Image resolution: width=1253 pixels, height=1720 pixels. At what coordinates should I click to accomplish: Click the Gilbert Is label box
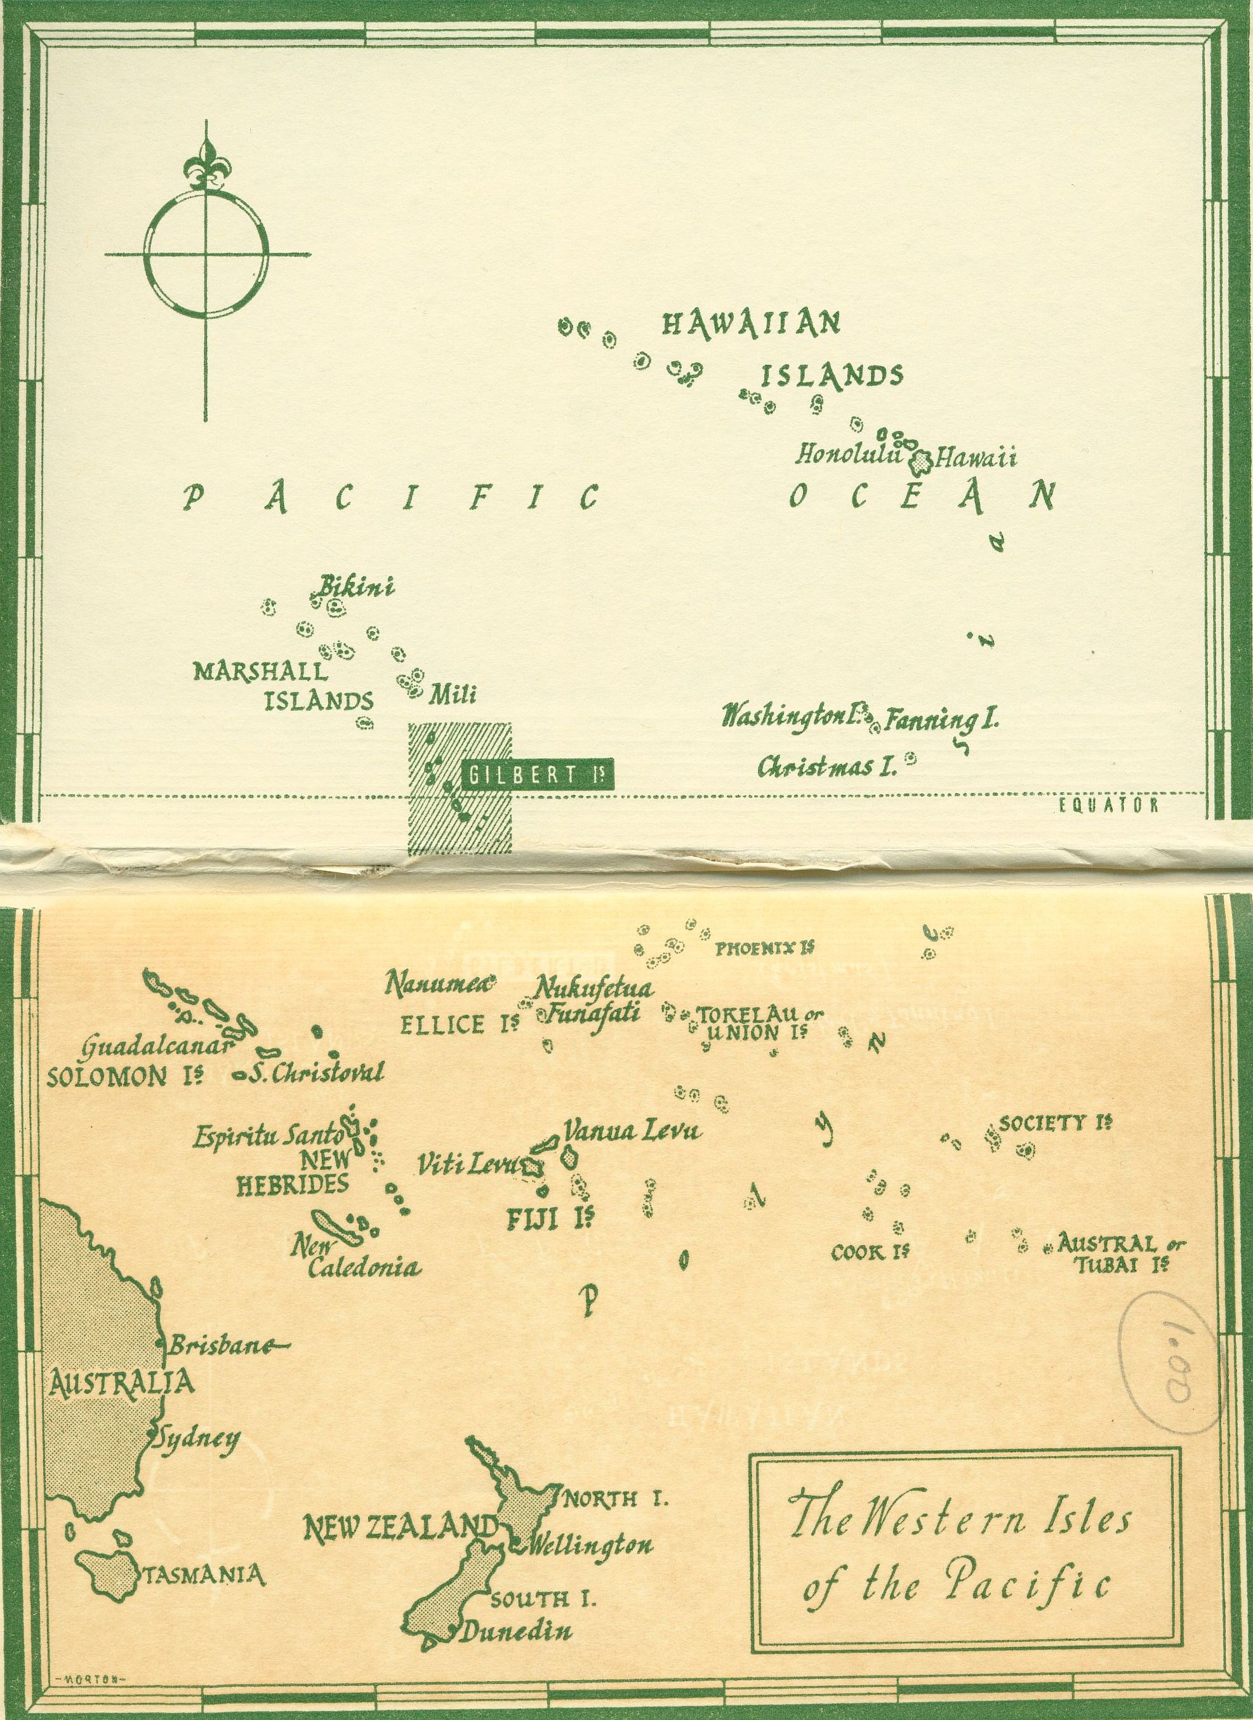tap(537, 775)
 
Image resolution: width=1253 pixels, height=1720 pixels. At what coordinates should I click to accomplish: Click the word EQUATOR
tap(1108, 806)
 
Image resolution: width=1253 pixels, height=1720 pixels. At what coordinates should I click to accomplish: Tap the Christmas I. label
tap(826, 766)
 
